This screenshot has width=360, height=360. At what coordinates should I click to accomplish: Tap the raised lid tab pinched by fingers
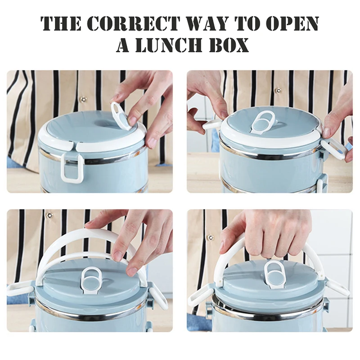coord(121,116)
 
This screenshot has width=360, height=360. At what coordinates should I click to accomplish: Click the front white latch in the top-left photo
coord(72,167)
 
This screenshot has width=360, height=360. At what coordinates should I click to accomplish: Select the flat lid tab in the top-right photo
coord(262,122)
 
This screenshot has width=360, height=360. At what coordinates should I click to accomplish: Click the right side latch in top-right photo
coord(333,148)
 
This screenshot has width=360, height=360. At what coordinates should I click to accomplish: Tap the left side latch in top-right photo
coord(212,126)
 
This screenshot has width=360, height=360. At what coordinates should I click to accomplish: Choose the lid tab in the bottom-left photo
coord(91,279)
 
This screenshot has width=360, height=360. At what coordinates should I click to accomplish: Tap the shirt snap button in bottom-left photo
coord(49,216)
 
